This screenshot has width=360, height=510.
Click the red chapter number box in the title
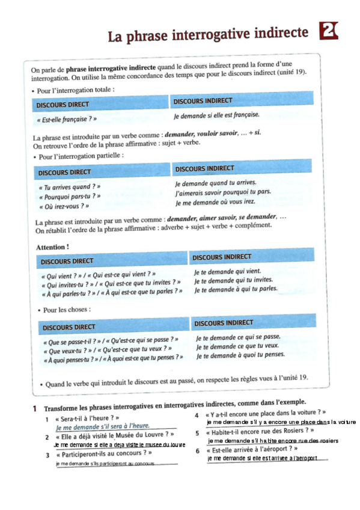tap(329, 31)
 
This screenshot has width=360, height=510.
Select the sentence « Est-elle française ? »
tap(63, 119)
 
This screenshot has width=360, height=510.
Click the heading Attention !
tap(52, 247)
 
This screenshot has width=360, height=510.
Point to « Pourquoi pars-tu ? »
tap(69, 196)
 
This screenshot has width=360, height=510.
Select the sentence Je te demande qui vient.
tap(227, 271)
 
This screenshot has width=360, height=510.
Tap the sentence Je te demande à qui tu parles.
tap(236, 289)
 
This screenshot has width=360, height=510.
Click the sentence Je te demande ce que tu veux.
tap(237, 346)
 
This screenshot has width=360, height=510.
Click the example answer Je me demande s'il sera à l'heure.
tap(102, 426)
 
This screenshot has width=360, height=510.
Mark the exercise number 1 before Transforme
tap(36, 408)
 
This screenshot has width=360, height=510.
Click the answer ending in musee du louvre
tap(120, 444)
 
